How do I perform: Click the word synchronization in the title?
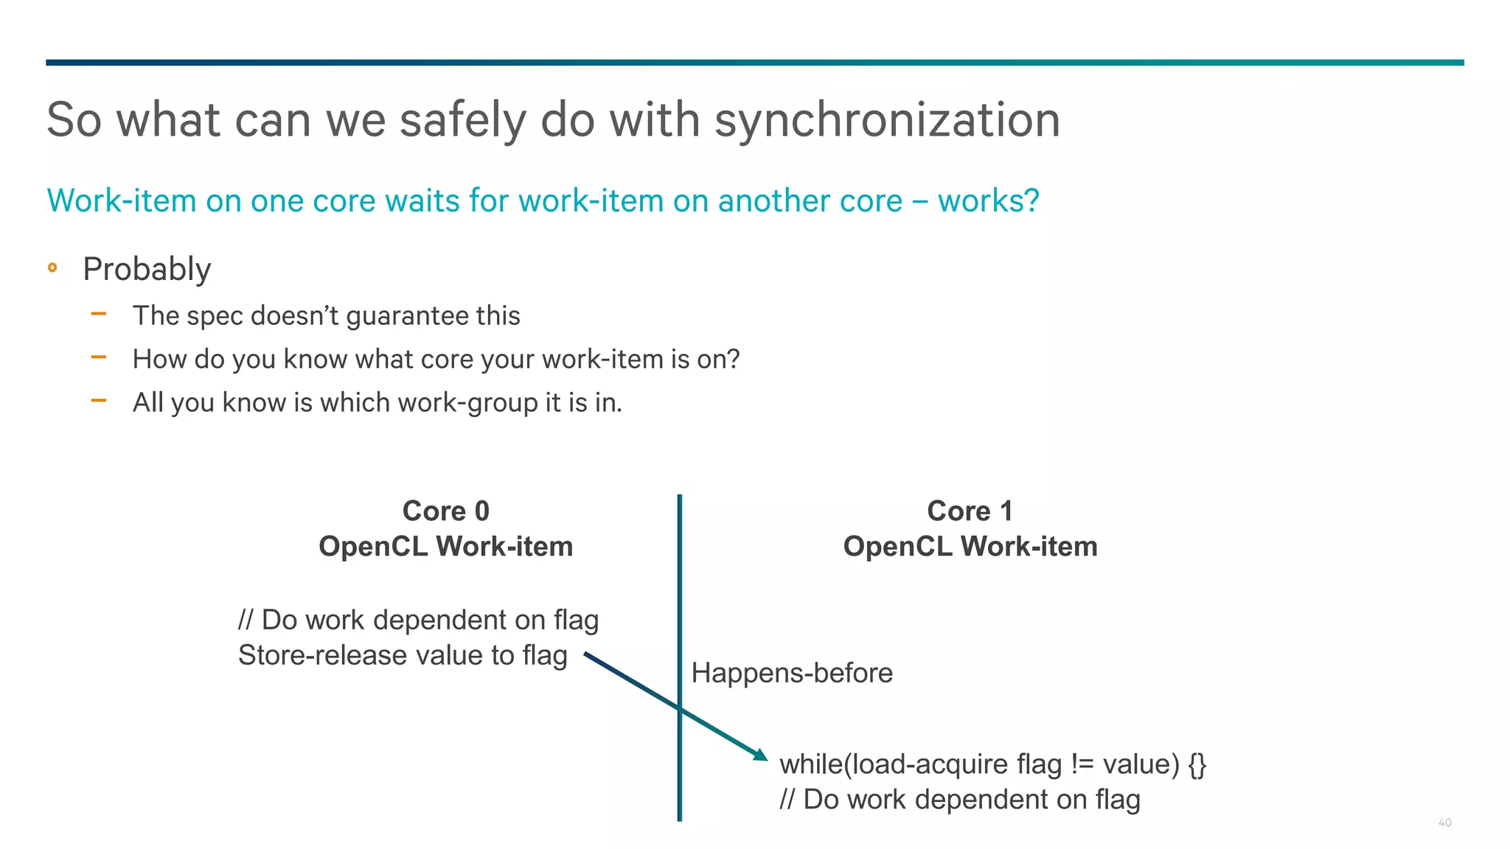pos(887,119)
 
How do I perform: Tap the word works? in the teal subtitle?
pos(988,200)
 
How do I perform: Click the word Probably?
pos(147,269)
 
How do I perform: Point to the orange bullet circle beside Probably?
pos(52,268)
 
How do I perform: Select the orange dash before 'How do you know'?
pos(99,358)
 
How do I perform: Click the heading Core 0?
pos(445,511)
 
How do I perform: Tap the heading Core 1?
pos(970,511)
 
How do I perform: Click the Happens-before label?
pos(792,673)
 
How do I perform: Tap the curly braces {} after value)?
pos(1197,764)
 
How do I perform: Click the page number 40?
pos(1444,822)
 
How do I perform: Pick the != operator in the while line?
pos(1082,764)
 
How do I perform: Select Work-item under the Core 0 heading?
pos(504,547)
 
